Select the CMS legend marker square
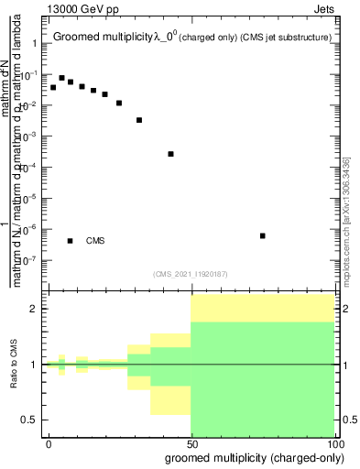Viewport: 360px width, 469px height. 71,241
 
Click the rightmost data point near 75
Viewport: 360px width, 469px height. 263,235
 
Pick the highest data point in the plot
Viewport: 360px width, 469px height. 61,78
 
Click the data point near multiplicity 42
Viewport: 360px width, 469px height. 171,154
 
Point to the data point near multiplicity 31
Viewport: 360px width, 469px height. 139,120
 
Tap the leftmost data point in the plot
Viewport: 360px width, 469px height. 53,87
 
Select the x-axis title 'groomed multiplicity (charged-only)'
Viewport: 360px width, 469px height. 251,456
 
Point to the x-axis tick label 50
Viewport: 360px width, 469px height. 191,443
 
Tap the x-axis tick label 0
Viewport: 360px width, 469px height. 49,443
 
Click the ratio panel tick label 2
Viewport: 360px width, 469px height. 34,309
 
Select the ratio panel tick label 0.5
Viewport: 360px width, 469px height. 30,420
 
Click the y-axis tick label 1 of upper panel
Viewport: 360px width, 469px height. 34,44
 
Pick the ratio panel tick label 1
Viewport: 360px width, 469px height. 34,365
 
